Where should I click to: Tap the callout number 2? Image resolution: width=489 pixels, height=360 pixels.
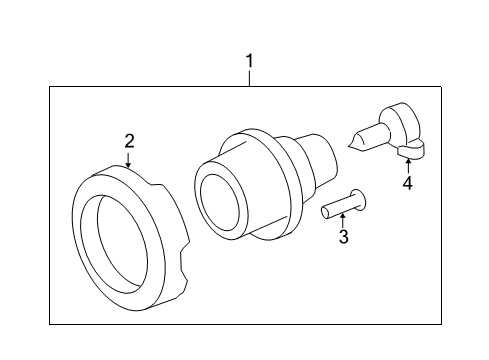pos(129,141)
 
